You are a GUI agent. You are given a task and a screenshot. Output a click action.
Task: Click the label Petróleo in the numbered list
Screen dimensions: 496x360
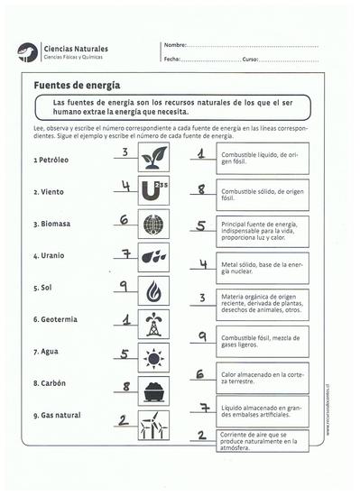coord(51,160)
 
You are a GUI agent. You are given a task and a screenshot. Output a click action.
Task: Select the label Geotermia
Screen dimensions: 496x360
coord(55,319)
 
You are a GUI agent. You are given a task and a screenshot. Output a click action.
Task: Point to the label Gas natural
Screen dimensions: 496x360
coord(57,415)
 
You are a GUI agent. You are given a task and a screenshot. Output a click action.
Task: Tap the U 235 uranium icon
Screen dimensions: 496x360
coord(153,191)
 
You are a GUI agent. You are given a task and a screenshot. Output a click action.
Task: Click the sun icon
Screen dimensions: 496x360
coord(153,358)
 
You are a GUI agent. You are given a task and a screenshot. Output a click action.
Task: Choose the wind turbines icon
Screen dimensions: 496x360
coord(153,424)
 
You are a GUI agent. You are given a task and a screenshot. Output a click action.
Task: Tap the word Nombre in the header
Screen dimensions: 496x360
coord(174,45)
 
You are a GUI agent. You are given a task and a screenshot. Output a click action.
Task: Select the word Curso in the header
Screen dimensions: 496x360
coord(251,59)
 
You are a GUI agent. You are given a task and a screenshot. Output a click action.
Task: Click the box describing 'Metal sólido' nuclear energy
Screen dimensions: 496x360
coord(262,266)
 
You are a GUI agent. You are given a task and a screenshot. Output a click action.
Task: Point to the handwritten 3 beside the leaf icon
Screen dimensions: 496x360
coord(126,152)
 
